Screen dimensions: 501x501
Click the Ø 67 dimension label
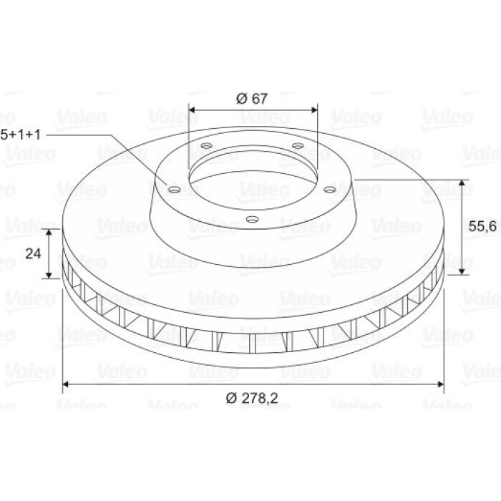coord(251,99)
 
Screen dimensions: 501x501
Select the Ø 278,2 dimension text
coord(252,398)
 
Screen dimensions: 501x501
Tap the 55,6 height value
coord(482,227)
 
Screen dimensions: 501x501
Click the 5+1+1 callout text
coord(21,135)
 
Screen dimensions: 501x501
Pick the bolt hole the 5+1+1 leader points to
coord(174,190)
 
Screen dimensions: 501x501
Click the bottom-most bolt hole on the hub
coord(253,219)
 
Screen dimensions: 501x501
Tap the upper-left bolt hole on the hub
coord(207,146)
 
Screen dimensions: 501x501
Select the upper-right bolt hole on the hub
coord(298,146)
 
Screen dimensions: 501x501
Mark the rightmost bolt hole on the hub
coord(329,190)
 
